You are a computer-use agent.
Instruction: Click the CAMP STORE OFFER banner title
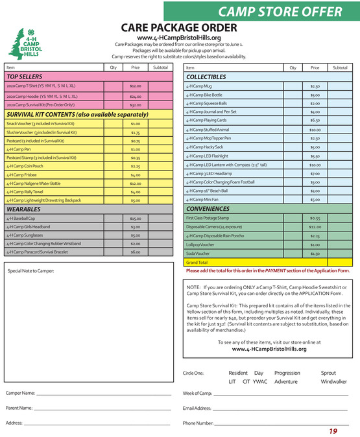(x=280, y=12)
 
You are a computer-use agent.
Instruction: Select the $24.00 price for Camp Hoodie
(x=136, y=96)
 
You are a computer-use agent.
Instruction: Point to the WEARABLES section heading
(x=24, y=210)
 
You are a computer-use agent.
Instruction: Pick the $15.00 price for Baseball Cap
(x=136, y=219)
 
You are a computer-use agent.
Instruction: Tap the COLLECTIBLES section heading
(x=206, y=77)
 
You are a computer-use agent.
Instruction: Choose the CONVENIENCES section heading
(x=208, y=209)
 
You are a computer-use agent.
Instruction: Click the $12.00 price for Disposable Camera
(x=315, y=227)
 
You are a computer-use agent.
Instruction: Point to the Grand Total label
(x=197, y=263)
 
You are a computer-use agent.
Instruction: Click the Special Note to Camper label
(x=31, y=270)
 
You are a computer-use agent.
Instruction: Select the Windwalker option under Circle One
(x=333, y=382)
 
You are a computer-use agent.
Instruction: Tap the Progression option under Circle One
(x=287, y=373)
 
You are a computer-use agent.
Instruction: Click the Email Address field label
(x=197, y=408)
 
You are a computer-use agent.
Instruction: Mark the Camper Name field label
(x=20, y=394)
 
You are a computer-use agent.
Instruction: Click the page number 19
(x=333, y=431)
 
